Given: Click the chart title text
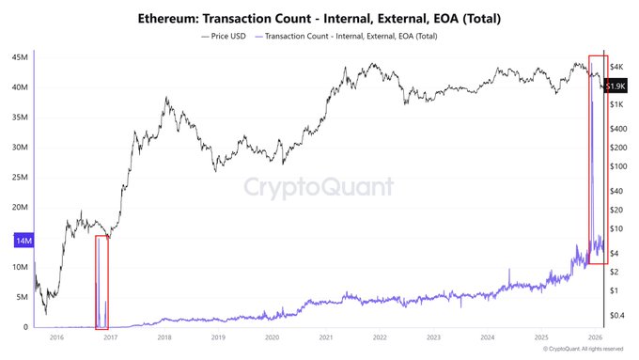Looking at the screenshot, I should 319,18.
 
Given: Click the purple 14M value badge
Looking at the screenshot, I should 20,242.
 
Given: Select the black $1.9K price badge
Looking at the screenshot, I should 616,86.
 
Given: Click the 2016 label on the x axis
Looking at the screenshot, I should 56,336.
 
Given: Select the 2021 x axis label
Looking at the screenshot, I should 325,336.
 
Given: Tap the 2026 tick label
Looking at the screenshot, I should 595,336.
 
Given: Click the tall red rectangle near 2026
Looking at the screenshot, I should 598,161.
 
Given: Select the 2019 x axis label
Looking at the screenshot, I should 218,336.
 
